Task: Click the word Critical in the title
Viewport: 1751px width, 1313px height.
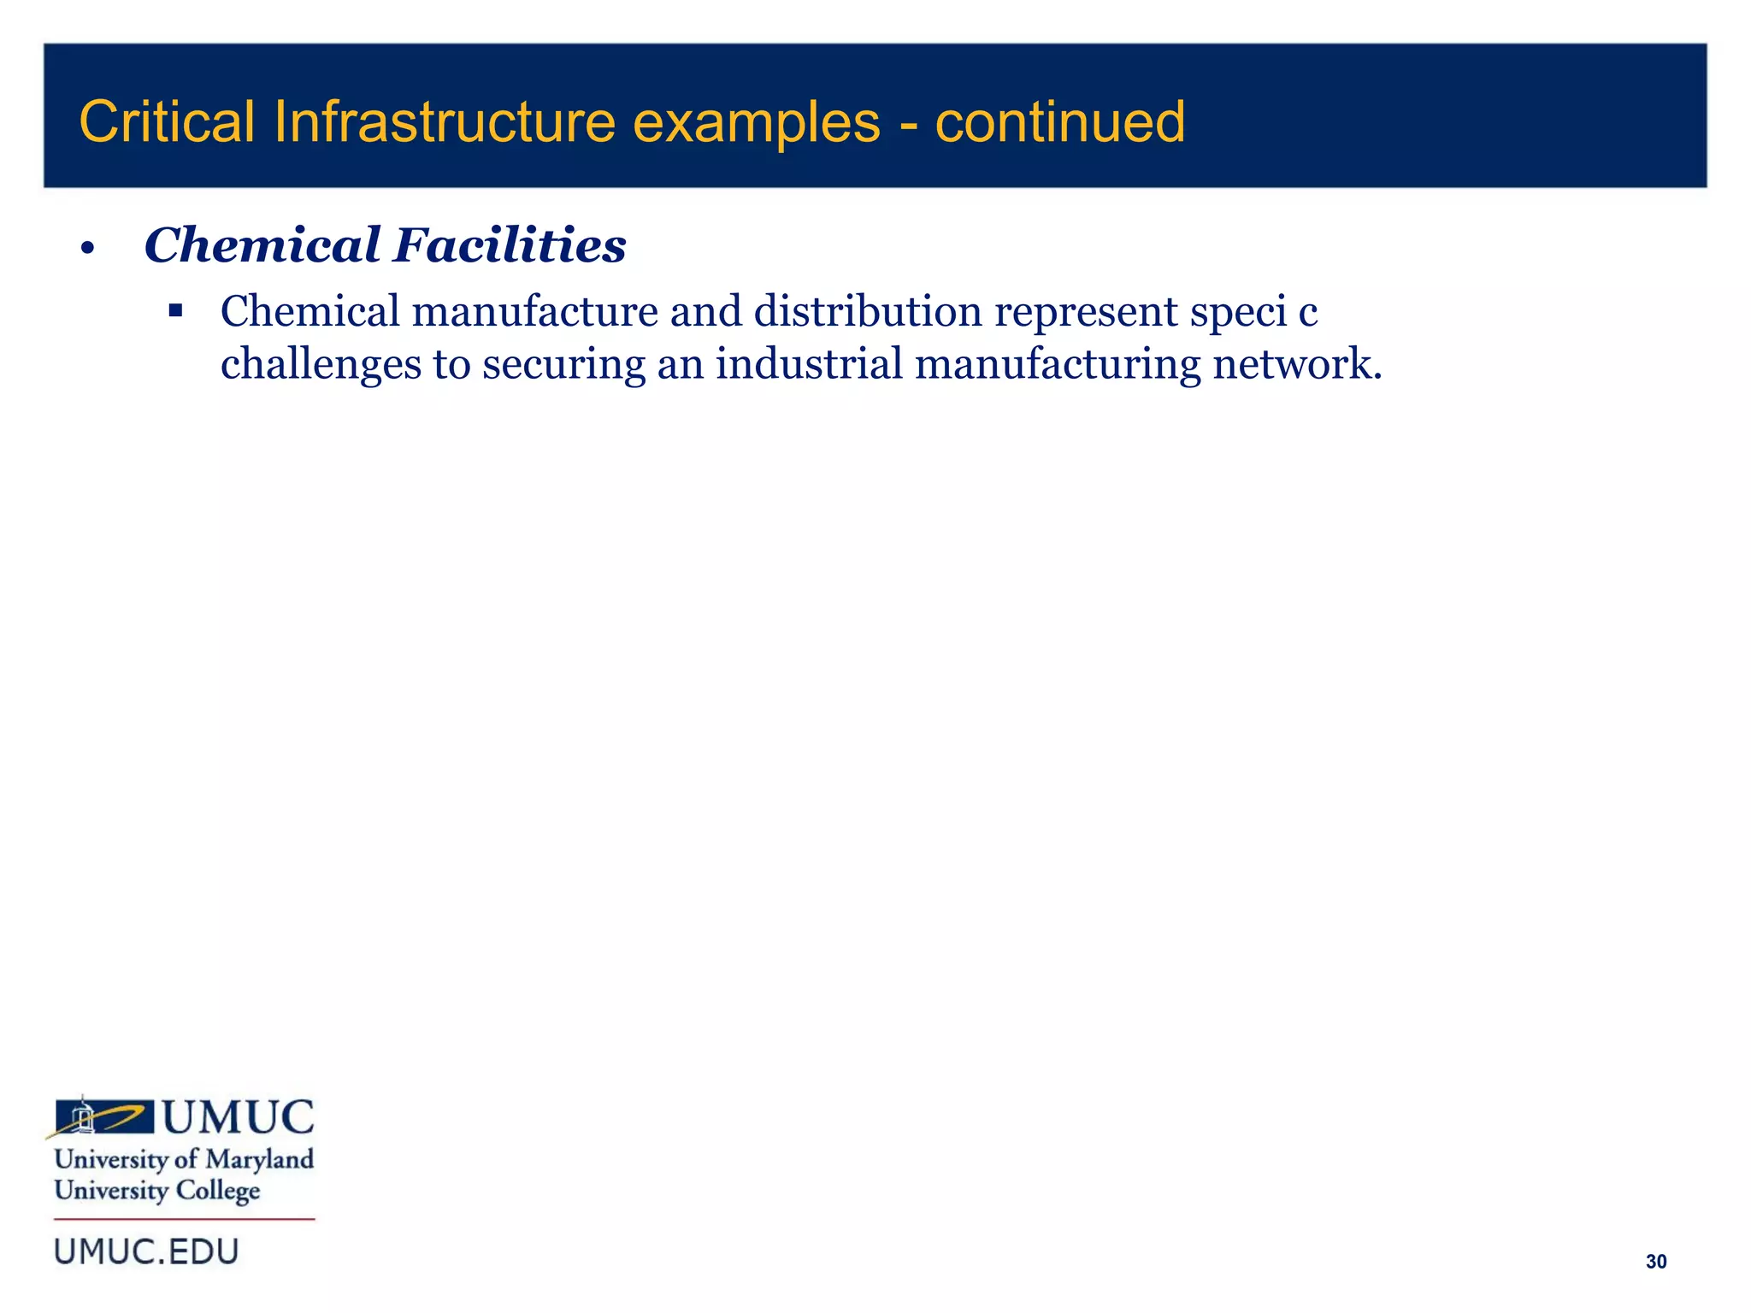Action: pyautogui.click(x=167, y=121)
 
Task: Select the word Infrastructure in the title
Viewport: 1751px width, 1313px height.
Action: pyautogui.click(x=445, y=121)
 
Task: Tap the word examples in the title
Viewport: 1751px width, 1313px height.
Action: pyautogui.click(x=756, y=123)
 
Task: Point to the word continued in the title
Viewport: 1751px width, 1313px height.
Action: pyautogui.click(x=1059, y=121)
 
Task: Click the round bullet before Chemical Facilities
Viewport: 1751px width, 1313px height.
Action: pyautogui.click(x=86, y=250)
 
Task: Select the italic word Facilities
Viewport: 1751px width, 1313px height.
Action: pyautogui.click(x=510, y=245)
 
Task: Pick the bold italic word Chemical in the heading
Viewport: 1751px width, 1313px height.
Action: pyautogui.click(x=262, y=245)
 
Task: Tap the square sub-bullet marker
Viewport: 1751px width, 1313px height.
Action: pyautogui.click(x=176, y=310)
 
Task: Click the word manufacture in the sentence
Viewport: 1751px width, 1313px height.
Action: pyautogui.click(x=534, y=311)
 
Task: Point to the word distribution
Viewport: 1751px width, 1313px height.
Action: pyautogui.click(x=868, y=311)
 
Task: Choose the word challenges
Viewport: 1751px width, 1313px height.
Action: pyautogui.click(x=321, y=365)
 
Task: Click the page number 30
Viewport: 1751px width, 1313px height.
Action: pyautogui.click(x=1655, y=1262)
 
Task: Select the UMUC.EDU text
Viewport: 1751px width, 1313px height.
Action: pyautogui.click(x=146, y=1252)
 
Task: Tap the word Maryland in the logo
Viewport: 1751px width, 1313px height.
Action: pyautogui.click(x=260, y=1160)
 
